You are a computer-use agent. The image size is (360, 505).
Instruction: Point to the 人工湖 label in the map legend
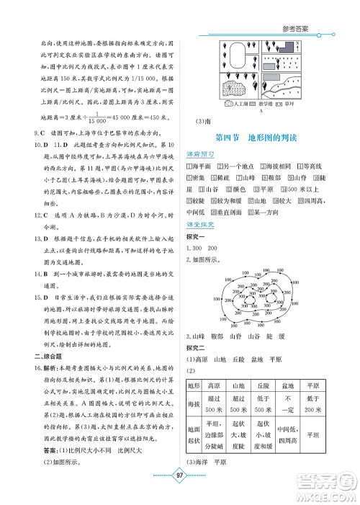(240, 104)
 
